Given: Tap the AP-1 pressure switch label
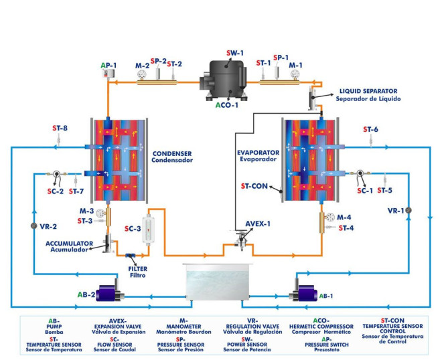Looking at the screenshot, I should tap(108, 66).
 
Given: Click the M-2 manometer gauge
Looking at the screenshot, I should tap(141, 77).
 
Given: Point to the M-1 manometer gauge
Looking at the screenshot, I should tap(294, 77).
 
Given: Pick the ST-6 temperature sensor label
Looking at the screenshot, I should tap(371, 129).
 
